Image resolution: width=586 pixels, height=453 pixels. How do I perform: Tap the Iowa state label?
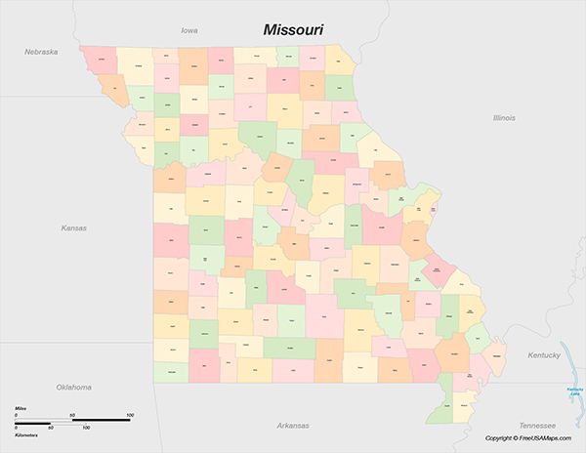189,31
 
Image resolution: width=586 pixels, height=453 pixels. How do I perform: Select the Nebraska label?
42,51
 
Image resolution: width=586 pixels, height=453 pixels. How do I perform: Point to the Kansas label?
73,228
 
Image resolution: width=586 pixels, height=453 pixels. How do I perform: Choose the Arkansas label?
292,426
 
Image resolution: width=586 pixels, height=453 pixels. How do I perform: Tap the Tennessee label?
537,426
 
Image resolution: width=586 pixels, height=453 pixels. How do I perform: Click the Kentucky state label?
544,355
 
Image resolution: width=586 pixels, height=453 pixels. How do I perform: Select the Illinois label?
504,117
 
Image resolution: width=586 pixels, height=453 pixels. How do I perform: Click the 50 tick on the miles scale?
72,416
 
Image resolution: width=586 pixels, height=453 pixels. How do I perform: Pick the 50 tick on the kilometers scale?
51,428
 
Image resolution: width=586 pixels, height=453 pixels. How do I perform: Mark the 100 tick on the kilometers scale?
86,428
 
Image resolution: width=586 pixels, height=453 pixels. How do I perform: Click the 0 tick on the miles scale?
17,416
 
